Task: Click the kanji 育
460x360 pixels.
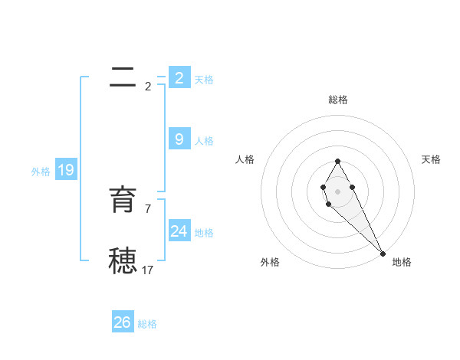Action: click(122, 200)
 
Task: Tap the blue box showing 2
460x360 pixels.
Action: click(179, 78)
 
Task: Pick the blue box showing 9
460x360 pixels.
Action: click(179, 139)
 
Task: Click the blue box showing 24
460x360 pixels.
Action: click(179, 231)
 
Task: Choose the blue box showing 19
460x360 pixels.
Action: click(66, 170)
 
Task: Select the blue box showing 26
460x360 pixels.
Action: click(123, 322)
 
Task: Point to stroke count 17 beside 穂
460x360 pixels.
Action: click(148, 270)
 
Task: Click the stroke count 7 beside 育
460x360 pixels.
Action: click(148, 208)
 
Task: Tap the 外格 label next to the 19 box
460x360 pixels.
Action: click(41, 172)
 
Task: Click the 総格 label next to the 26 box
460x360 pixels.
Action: click(147, 324)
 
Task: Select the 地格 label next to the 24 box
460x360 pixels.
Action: click(204, 233)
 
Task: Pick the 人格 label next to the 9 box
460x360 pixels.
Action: click(204, 141)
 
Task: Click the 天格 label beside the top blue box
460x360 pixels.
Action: click(204, 80)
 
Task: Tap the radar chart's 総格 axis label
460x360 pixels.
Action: click(338, 100)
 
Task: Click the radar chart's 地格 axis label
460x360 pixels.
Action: click(402, 262)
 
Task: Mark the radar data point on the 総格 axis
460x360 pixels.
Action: click(337, 161)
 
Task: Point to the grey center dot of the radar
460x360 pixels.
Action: click(337, 191)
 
